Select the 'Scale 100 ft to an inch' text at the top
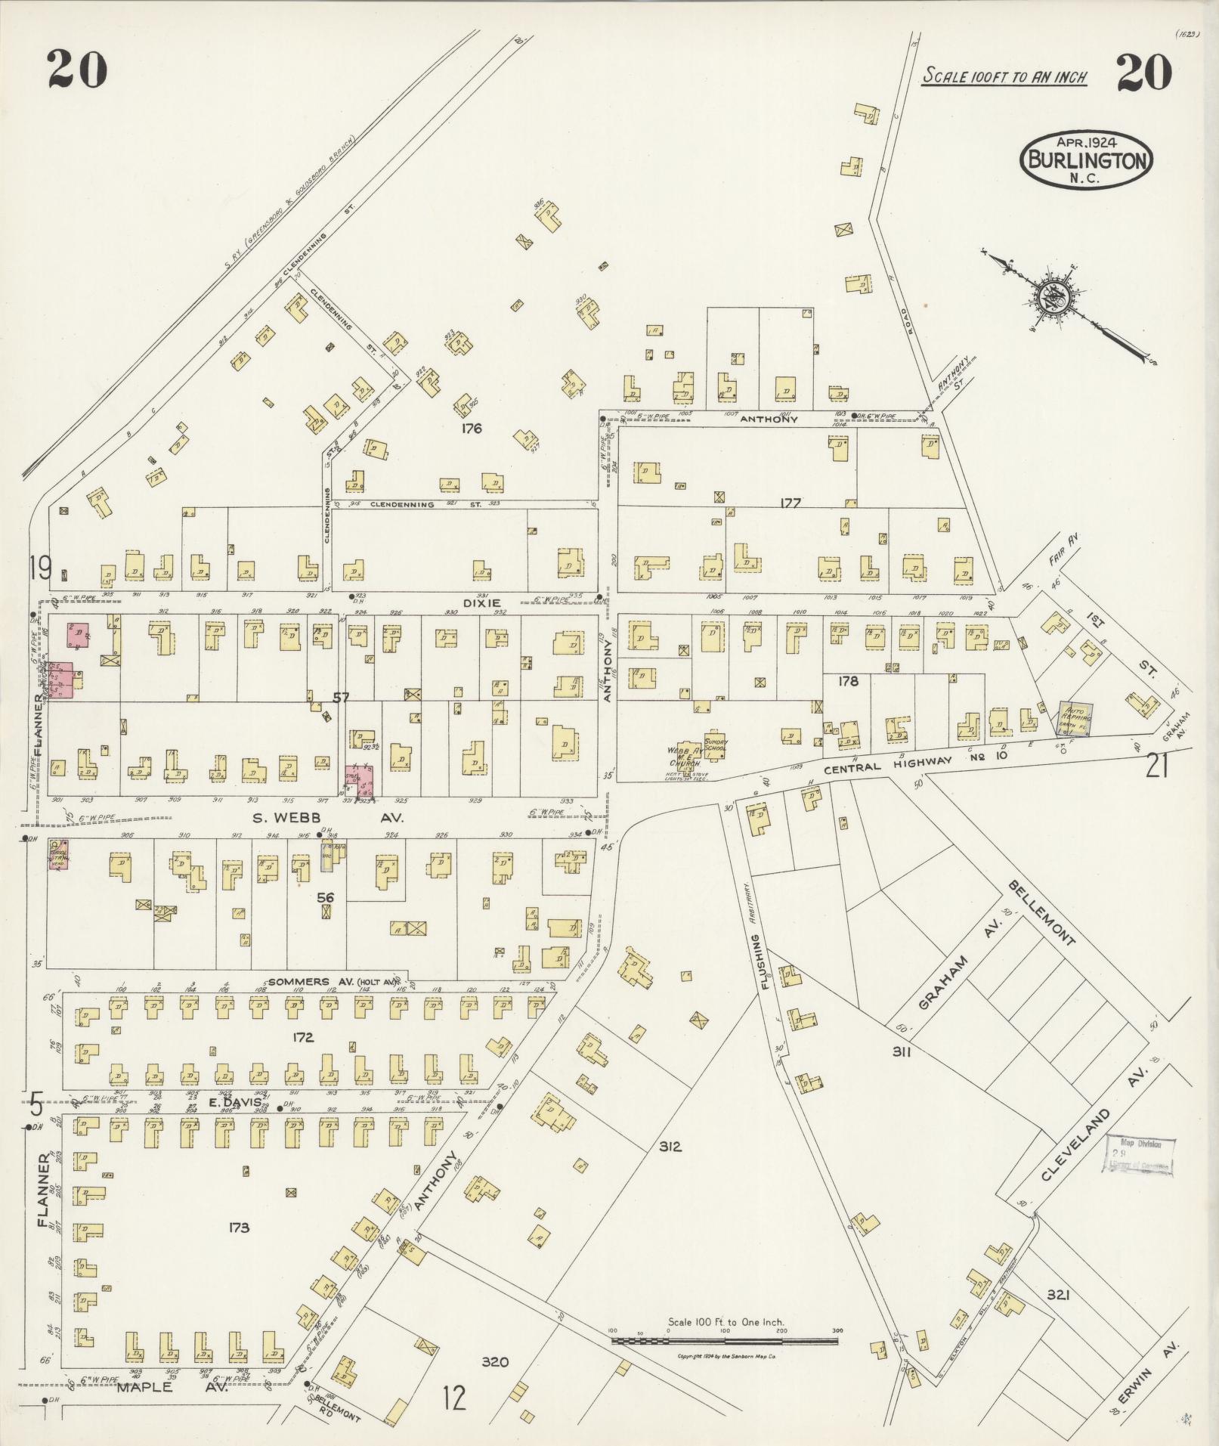pyautogui.click(x=1004, y=76)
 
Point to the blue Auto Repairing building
pyautogui.click(x=1075, y=717)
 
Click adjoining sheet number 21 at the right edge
pyautogui.click(x=1159, y=766)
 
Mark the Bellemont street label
pyautogui.click(x=1041, y=913)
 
